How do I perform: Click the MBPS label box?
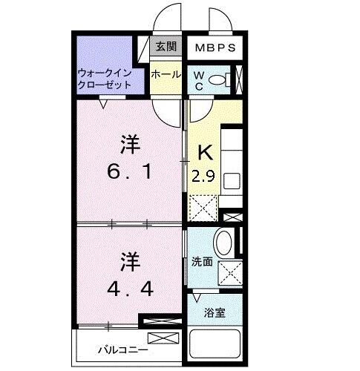[x=215, y=48]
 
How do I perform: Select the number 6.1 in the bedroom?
[x=131, y=173]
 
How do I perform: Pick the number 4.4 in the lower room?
[x=130, y=288]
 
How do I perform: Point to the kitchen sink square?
[x=232, y=180]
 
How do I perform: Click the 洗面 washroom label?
[x=203, y=261]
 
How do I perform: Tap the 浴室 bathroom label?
[x=215, y=312]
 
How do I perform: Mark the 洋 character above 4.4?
[x=130, y=261]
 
